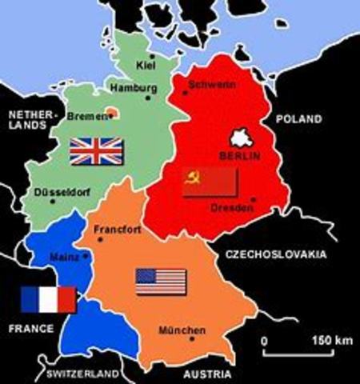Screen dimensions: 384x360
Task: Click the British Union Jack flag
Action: (x=96, y=150)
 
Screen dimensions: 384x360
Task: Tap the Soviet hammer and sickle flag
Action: (x=210, y=182)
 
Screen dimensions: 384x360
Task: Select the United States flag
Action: (x=161, y=281)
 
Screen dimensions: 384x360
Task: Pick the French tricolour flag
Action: (x=48, y=299)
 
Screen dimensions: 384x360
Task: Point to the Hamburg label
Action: (x=131, y=86)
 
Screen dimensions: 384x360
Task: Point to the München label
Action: (x=182, y=330)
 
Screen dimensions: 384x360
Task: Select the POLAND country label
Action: (x=296, y=118)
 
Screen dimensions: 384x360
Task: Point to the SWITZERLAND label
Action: (x=82, y=374)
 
